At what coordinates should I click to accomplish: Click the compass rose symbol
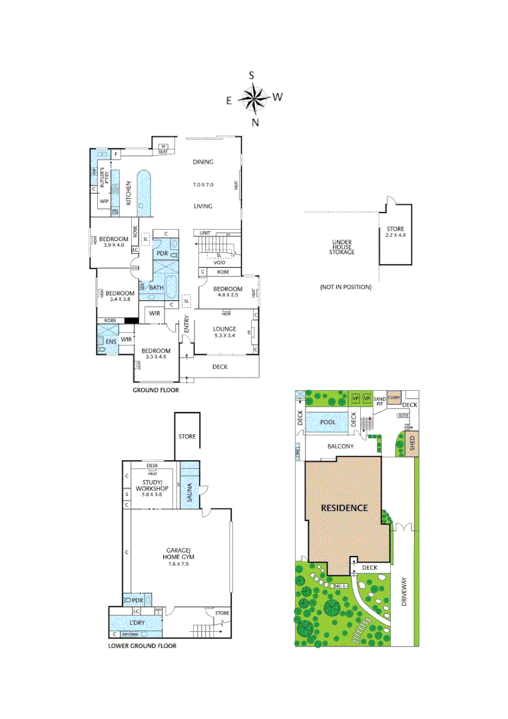[x=253, y=99]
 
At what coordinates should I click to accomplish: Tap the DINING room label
[x=203, y=162]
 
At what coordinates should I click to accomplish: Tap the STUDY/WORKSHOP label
[x=152, y=489]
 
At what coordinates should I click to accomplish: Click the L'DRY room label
[x=136, y=622]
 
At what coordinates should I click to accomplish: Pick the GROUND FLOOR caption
[x=156, y=391]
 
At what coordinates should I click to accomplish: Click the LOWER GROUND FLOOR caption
[x=142, y=646]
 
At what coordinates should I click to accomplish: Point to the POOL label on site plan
[x=328, y=422]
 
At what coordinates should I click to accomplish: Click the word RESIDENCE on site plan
[x=344, y=507]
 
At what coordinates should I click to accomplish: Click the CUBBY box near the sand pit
[x=393, y=397]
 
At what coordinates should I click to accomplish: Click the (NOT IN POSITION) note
[x=346, y=287]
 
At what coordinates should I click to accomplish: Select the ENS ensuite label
[x=111, y=342]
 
